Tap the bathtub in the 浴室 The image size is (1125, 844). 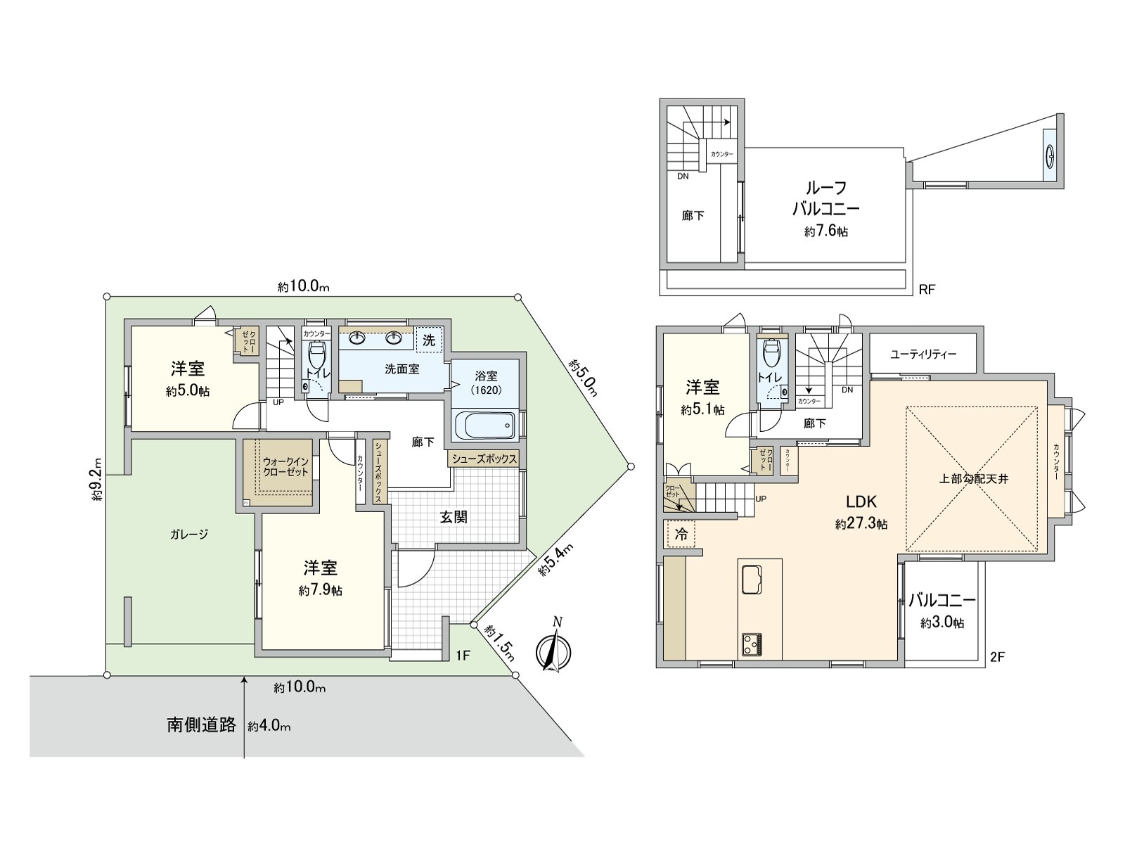486,424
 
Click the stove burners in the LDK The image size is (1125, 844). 752,644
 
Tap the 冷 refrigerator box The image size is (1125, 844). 681,534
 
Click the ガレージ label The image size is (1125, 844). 189,535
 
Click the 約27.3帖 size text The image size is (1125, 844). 861,524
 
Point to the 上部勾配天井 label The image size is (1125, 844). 974,479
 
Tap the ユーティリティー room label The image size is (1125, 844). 922,354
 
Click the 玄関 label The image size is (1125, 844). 454,517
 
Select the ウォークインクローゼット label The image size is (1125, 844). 286,467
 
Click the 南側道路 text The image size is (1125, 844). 201,725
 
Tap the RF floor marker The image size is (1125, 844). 927,289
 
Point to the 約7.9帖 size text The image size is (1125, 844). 320,591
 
